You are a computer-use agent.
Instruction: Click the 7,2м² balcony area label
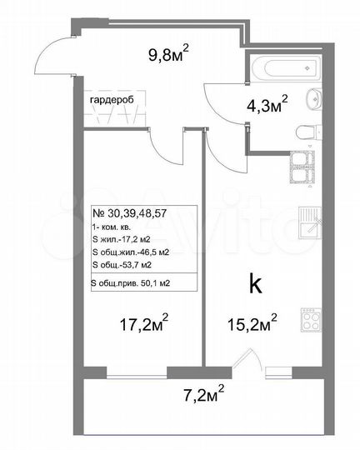tap(202, 391)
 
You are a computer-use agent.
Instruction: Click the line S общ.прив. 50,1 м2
tap(142, 283)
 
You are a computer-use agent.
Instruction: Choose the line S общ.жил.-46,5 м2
tap(130, 251)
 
